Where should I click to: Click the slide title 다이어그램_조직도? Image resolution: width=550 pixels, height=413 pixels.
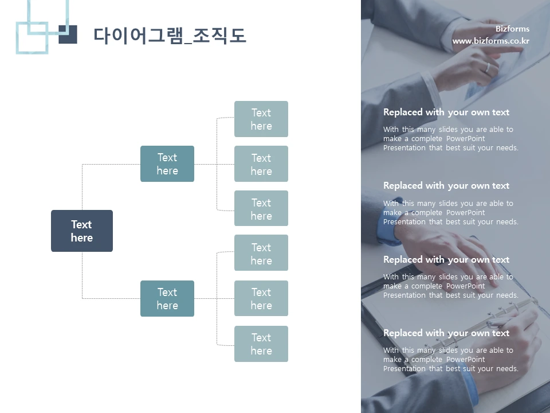pos(170,36)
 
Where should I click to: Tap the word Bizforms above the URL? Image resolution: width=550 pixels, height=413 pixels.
pos(512,29)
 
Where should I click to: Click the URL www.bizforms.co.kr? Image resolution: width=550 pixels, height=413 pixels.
pos(490,41)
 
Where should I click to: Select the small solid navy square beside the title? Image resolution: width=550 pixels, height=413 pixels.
pos(68,34)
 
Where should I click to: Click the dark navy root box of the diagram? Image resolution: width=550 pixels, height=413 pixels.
pos(82,231)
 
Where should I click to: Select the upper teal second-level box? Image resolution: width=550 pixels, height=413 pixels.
pos(167,164)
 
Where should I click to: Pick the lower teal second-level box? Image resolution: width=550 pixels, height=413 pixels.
pos(167,298)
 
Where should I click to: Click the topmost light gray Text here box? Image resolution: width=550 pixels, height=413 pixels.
pos(261,119)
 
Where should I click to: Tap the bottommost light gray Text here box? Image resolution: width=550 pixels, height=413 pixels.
pos(261,344)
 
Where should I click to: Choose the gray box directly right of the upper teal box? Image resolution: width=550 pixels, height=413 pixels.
pos(261,164)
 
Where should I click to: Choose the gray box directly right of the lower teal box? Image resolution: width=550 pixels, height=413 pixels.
pos(261,298)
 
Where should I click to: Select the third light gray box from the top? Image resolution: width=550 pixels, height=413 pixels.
pos(261,209)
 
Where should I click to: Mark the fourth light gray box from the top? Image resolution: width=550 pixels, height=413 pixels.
pos(261,254)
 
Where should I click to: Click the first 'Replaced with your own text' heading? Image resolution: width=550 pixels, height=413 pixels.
pos(446,112)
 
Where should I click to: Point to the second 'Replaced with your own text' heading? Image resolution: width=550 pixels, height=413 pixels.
pos(446,186)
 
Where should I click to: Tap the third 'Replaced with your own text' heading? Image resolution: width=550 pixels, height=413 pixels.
pos(446,260)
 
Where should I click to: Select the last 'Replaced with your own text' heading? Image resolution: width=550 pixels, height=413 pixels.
pos(446,333)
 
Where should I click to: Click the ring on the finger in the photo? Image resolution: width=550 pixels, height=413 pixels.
pos(488,67)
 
